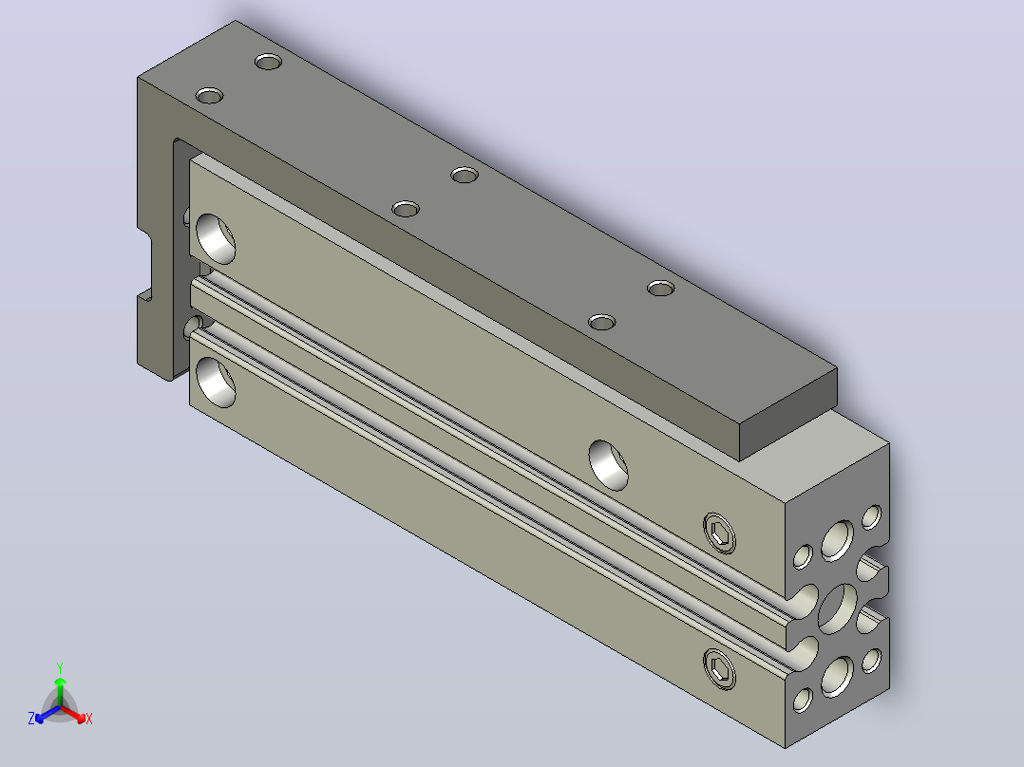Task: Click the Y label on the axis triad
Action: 60,667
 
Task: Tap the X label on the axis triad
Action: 89,720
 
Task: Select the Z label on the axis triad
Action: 31,718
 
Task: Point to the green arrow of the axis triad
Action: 60,691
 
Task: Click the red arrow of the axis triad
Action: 73,714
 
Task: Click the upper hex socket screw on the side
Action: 719,533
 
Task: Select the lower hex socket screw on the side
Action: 719,669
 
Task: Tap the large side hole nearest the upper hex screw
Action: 608,465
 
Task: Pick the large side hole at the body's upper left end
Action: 216,238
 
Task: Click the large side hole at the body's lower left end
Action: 216,382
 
